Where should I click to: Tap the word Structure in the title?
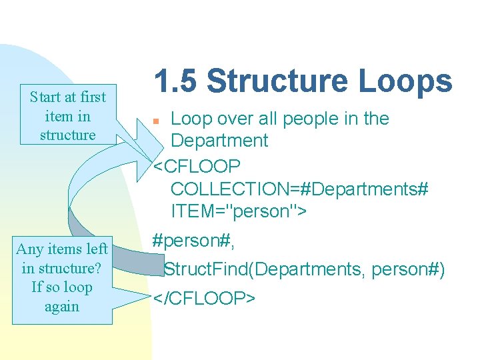pyautogui.click(x=279, y=81)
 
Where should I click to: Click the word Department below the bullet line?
pyautogui.click(x=219, y=141)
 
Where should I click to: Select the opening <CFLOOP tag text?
pyautogui.click(x=197, y=165)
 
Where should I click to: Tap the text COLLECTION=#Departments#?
pyautogui.click(x=299, y=189)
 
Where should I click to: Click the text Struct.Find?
pyautogui.click(x=207, y=269)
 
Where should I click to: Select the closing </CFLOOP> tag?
pyautogui.click(x=204, y=298)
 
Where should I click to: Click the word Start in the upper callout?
pyautogui.click(x=46, y=97)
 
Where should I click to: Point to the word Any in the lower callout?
pyautogui.click(x=29, y=249)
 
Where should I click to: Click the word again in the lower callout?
pyautogui.click(x=62, y=307)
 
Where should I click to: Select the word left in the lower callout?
pyautogui.click(x=96, y=249)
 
